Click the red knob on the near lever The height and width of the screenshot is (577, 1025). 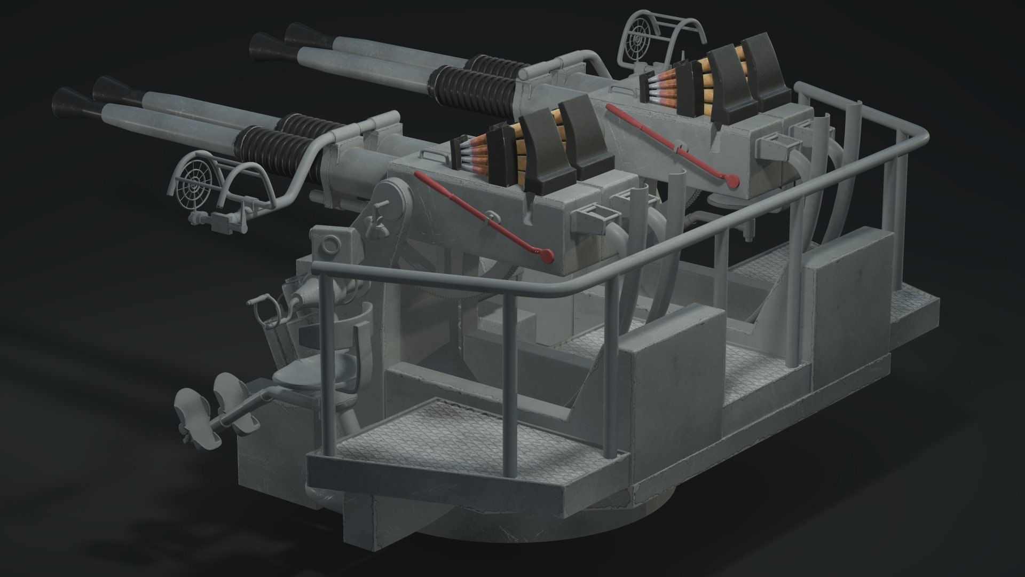click(x=546, y=255)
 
